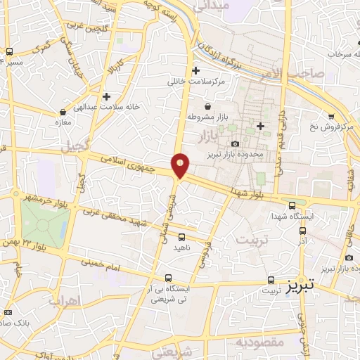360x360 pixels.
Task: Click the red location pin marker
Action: pyautogui.click(x=181, y=165)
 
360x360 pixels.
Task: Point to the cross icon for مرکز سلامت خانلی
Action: pyautogui.click(x=196, y=70)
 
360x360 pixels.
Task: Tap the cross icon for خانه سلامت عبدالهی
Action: pyautogui.click(x=106, y=96)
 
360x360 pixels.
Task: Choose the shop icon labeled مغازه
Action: pyautogui.click(x=63, y=111)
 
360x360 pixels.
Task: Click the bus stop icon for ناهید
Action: pyautogui.click(x=181, y=237)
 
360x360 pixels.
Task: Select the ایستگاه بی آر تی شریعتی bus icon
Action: pyautogui.click(x=167, y=278)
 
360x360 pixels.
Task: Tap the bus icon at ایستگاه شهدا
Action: pyautogui.click(x=292, y=205)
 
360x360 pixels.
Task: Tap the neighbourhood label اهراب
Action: pyautogui.click(x=65, y=301)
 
